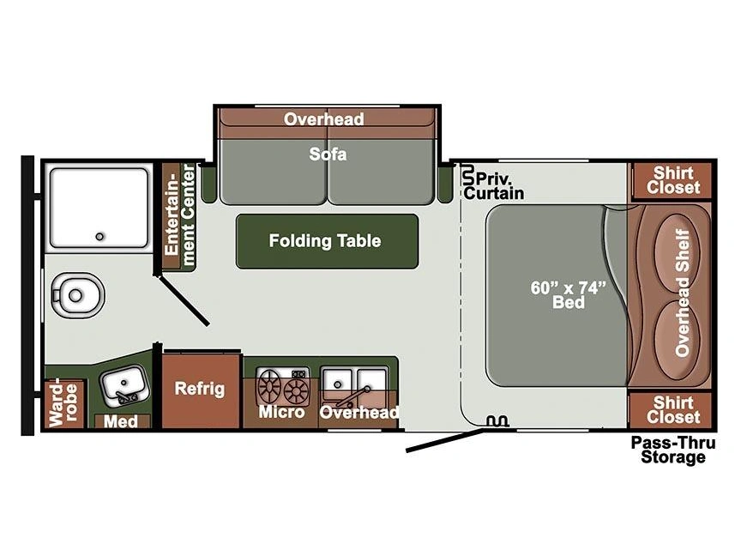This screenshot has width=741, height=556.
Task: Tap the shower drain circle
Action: click(x=99, y=237)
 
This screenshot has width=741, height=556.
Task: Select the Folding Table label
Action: click(x=325, y=240)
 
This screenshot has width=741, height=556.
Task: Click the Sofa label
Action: click(x=328, y=154)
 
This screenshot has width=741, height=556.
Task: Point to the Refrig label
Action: click(x=200, y=389)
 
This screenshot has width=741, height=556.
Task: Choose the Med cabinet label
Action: click(x=121, y=420)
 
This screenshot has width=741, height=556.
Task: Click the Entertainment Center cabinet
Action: click(x=179, y=216)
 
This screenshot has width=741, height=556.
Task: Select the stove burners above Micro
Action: click(x=283, y=386)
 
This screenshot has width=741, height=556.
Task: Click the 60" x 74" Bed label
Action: click(x=569, y=294)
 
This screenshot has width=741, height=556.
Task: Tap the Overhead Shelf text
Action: click(x=682, y=293)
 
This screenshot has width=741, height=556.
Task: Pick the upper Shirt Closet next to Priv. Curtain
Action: click(x=673, y=180)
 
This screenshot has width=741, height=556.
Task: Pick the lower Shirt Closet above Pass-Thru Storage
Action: click(x=673, y=409)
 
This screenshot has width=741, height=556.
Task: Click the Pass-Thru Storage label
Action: click(x=673, y=450)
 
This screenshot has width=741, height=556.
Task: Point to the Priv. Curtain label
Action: click(x=494, y=186)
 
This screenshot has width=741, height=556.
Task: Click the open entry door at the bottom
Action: click(x=445, y=440)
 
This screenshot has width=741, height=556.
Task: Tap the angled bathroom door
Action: click(x=184, y=300)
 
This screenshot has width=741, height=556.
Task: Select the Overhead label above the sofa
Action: click(x=324, y=118)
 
